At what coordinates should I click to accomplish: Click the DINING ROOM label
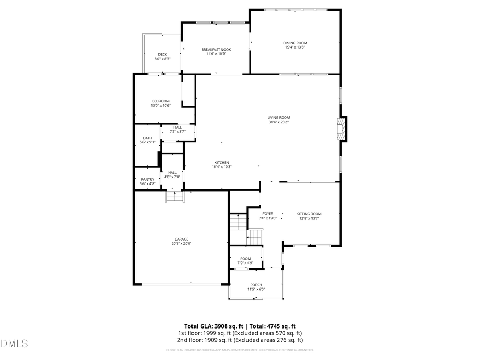point(295,43)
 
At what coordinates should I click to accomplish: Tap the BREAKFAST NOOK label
point(216,50)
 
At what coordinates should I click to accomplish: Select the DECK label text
point(162,54)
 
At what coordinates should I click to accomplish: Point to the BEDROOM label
point(160,101)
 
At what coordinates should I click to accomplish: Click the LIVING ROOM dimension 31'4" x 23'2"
point(279,122)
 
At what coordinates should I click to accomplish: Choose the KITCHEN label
point(222,162)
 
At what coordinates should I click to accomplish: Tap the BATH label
point(147,138)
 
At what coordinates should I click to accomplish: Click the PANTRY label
point(147,179)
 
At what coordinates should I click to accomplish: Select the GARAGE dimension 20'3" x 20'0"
point(181,244)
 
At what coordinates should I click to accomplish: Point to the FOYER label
point(268,214)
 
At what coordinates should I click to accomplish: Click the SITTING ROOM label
point(309,214)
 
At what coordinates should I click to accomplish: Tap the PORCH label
point(256,285)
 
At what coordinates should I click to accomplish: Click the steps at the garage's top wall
point(174,197)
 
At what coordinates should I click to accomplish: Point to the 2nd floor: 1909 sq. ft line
point(239,340)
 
